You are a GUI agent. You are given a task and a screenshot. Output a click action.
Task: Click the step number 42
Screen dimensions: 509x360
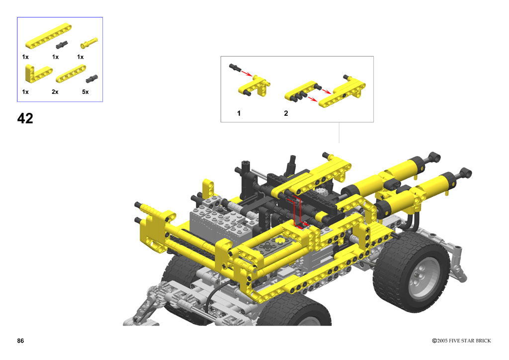tap(25, 118)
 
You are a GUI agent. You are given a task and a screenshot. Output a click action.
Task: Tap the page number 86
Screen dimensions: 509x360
tap(20, 341)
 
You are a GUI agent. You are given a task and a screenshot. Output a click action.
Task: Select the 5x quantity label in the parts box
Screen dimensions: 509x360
tap(85, 92)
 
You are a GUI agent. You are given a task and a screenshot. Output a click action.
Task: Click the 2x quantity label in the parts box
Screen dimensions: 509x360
tap(55, 92)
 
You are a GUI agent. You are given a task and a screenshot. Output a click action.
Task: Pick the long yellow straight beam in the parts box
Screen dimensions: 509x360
tap(48, 36)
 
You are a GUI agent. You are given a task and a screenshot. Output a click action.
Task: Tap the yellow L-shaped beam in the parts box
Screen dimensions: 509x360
tap(38, 73)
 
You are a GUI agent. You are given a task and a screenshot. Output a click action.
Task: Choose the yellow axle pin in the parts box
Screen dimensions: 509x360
tap(88, 43)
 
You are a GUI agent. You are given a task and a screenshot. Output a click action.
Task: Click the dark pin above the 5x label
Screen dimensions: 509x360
tap(92, 79)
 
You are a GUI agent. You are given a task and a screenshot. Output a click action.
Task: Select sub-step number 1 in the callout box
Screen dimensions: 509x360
tap(239, 113)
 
